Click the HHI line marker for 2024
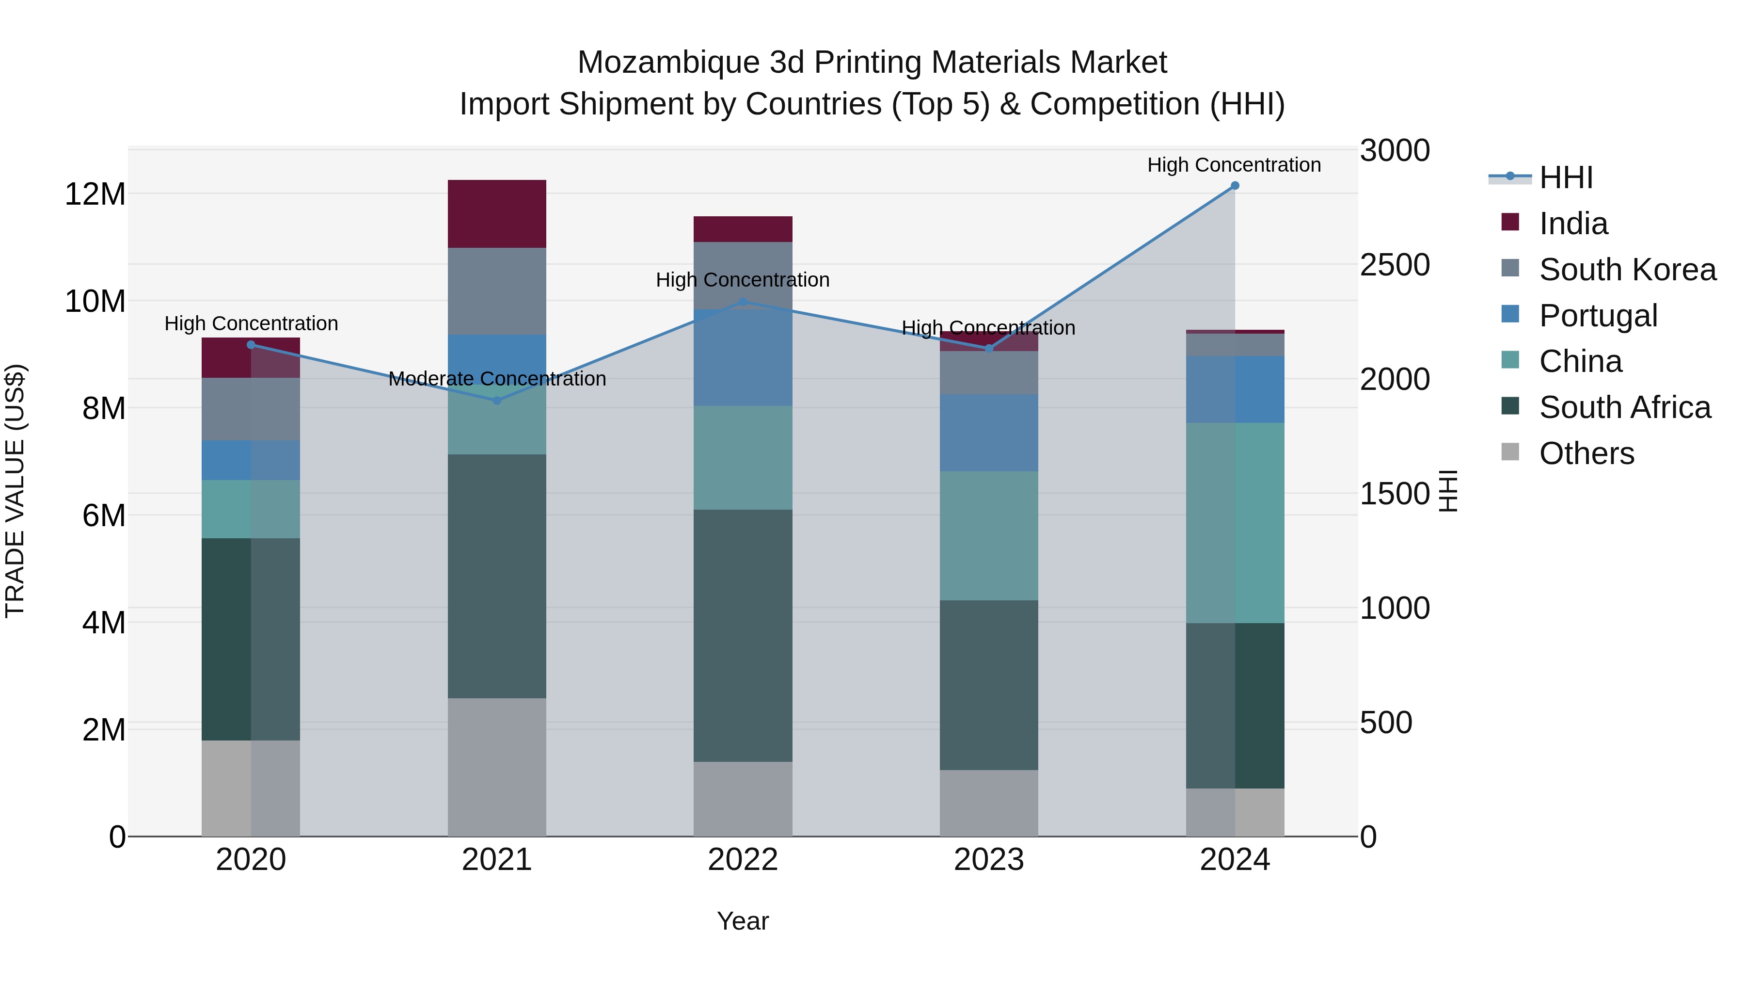click(1234, 186)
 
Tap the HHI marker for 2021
click(496, 401)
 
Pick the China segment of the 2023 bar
click(988, 535)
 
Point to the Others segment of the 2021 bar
click(496, 767)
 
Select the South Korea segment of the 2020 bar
click(251, 409)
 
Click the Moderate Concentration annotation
click(496, 379)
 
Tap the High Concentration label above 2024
click(1234, 165)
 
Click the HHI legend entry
click(1565, 177)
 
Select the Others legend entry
click(1586, 453)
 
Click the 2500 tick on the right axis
click(1394, 265)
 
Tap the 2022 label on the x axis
click(743, 860)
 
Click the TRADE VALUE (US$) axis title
click(15, 491)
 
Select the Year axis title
click(743, 921)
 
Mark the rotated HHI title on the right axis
click(1447, 491)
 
